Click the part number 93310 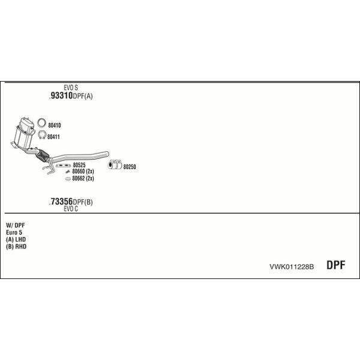62,95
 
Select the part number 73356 62,202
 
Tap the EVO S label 71,88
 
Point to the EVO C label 71,209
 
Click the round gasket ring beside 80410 41,119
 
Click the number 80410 55,125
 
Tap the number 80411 53,137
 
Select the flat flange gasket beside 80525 63,166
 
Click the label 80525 79,165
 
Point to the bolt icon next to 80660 67,172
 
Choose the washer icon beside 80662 68,179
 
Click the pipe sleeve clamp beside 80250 115,164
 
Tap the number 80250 130,167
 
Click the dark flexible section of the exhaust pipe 43,155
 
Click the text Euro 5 14,232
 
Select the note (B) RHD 16,247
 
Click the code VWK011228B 292,267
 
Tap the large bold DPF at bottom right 335,265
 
